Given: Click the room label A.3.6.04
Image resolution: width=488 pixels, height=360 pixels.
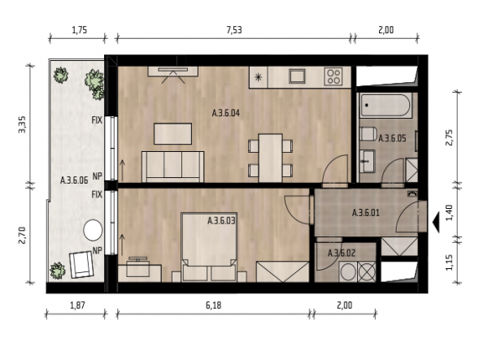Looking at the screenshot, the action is (x=226, y=113).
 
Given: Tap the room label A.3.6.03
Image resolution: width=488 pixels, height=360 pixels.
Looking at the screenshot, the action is (x=221, y=221).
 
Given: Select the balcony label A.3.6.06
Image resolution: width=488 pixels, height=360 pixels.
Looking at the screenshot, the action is (x=74, y=180).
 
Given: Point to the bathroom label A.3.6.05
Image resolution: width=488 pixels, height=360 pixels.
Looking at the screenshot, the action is (x=392, y=138).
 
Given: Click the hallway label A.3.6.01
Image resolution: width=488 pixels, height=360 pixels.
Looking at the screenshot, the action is (x=366, y=213).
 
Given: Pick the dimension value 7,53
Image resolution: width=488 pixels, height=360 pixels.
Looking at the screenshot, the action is (x=234, y=30).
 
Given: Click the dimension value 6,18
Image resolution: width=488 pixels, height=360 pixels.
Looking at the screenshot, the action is (x=213, y=306).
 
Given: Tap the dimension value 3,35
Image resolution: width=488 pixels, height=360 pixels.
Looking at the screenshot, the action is (x=23, y=124).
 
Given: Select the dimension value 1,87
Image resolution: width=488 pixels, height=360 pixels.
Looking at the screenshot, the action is (x=77, y=306).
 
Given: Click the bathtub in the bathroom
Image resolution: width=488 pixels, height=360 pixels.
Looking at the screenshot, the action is (x=385, y=105).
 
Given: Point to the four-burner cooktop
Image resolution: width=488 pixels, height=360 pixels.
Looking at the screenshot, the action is (x=333, y=76).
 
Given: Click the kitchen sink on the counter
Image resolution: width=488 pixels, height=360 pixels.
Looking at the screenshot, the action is (x=297, y=76).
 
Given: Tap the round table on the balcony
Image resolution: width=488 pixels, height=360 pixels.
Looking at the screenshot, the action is (x=93, y=230).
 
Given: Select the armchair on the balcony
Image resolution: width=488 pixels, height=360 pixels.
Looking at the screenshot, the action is (x=81, y=265).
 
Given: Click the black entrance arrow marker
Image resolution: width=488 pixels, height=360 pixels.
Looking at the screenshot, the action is (x=436, y=222).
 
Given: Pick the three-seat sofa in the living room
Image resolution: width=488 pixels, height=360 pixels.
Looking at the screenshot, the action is (x=172, y=167).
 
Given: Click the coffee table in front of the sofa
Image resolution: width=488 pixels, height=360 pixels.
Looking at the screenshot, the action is (x=172, y=133).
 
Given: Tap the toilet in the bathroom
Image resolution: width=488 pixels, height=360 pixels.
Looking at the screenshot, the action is (x=368, y=134).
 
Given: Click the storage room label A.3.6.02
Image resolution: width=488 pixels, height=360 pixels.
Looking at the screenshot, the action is (x=342, y=253).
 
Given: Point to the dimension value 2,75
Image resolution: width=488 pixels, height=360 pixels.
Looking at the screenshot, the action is (x=450, y=137).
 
